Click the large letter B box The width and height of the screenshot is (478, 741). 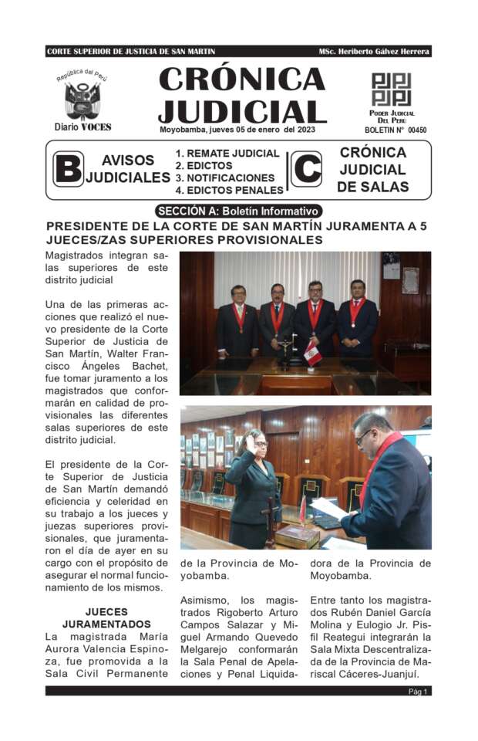click(68, 168)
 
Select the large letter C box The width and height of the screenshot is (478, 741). click(305, 168)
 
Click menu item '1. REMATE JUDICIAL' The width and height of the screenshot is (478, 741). click(227, 153)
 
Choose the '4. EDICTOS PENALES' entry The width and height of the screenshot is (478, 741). click(229, 190)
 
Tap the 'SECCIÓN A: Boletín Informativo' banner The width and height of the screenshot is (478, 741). click(237, 211)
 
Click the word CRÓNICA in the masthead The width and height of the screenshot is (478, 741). click(242, 80)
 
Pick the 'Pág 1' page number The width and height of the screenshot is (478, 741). click(418, 692)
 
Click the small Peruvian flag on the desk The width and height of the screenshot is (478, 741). click(312, 354)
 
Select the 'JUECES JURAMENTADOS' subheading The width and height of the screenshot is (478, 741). click(106, 617)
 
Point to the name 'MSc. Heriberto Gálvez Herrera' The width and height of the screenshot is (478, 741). click(374, 51)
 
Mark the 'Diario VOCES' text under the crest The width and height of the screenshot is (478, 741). click(82, 127)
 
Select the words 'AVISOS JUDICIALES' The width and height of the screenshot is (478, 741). click(128, 169)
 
